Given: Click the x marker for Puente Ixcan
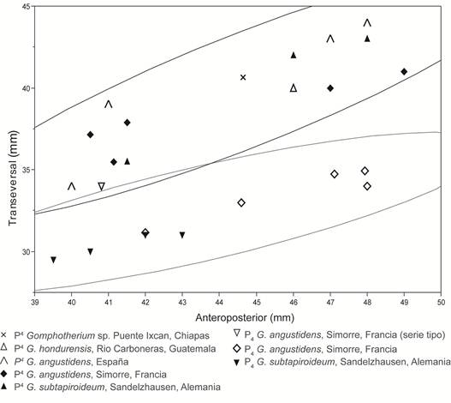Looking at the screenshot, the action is tap(243, 77).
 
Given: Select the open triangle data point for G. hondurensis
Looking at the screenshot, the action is tap(294, 87).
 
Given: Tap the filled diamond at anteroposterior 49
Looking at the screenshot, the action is tap(404, 71).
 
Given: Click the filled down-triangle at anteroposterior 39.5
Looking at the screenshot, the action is tap(53, 260).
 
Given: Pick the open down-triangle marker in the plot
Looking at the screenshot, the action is tap(101, 186).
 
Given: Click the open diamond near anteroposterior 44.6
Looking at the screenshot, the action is tap(241, 202).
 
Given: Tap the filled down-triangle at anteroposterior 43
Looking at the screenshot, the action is tap(182, 235).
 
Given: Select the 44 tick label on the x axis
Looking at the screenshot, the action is tap(219, 302).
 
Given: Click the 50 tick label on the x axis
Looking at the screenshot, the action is tap(441, 302).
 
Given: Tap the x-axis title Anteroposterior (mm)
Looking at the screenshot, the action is tap(245, 317).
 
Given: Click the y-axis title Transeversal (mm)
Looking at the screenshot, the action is tap(13, 178).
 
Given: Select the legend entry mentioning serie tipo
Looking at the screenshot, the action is tap(340, 335).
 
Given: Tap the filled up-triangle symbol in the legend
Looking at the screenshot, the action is tap(4, 387).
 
